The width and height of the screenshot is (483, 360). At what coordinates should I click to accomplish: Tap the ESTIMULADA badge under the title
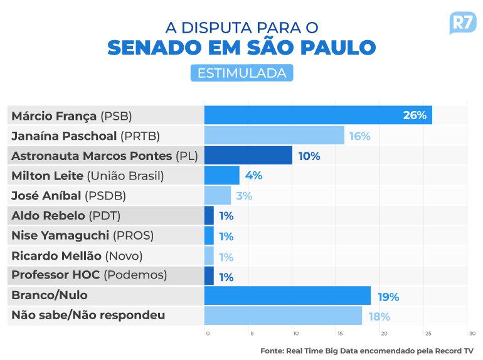(x=242, y=73)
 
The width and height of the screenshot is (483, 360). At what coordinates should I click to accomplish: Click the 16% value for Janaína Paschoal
(x=360, y=135)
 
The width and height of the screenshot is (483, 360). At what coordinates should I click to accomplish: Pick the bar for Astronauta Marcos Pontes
(x=248, y=156)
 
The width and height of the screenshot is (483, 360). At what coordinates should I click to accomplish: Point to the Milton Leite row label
(x=87, y=176)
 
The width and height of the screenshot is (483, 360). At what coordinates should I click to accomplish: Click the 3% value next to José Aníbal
(x=244, y=196)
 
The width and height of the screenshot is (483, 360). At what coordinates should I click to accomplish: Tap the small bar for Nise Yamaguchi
(x=209, y=236)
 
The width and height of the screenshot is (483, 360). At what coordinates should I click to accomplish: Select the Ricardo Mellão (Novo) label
(x=77, y=256)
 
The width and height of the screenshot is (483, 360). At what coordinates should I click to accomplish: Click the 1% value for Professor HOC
(x=226, y=277)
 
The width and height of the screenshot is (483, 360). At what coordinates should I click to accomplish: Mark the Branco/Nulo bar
(x=288, y=296)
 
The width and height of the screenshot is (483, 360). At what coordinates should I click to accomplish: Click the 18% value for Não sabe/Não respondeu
(x=379, y=317)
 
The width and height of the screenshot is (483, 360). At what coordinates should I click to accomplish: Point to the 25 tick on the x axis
(x=428, y=334)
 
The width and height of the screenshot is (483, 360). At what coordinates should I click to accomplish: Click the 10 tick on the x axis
(x=295, y=334)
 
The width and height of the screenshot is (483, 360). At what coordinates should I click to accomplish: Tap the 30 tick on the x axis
(x=472, y=334)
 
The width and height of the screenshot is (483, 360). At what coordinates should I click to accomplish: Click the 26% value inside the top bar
(x=415, y=115)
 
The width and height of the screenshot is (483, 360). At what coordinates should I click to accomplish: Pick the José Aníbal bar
(x=218, y=196)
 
